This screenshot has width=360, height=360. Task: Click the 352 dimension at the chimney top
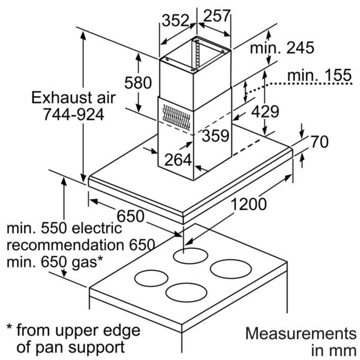point(175,20)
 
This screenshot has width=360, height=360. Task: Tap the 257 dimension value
point(217,16)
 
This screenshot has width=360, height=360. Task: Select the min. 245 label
point(282,48)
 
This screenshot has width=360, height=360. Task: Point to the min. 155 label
point(319,75)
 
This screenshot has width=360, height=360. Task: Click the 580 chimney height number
point(138,83)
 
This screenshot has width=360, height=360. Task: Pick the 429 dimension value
point(265,112)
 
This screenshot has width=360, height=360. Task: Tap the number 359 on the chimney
point(215,136)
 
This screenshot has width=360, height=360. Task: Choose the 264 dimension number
point(178,160)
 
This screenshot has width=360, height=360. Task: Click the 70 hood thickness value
point(320,142)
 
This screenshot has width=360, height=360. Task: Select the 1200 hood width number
point(248,204)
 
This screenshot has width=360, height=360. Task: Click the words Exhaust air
point(73,97)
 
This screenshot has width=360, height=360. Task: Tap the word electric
point(97,228)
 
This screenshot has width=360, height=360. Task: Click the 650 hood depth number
point(130,216)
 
